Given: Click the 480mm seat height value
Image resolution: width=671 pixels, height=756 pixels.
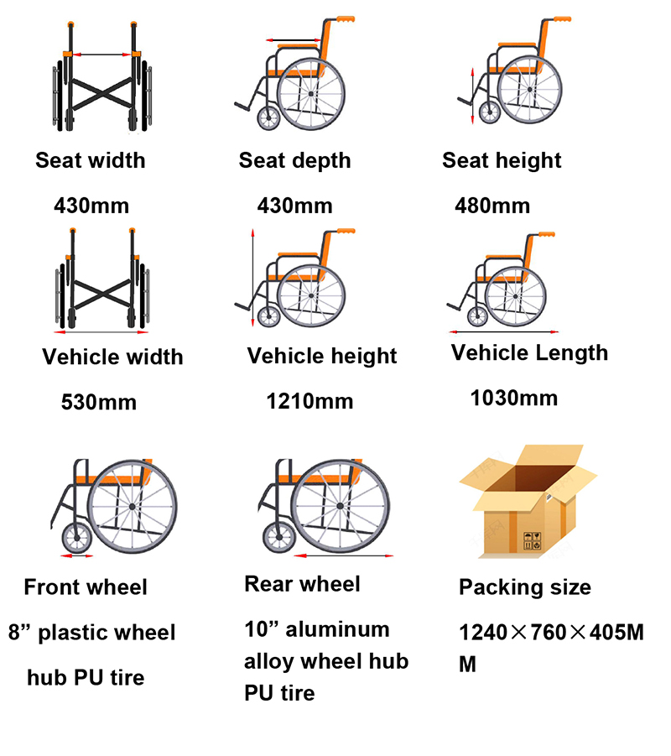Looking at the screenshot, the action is point(492,206).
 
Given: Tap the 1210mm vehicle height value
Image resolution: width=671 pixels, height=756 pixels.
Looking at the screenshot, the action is point(310,401).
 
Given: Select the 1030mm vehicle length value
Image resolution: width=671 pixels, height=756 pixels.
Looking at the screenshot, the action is point(514,399).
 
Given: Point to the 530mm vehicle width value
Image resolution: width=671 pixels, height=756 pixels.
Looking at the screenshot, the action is point(99,402).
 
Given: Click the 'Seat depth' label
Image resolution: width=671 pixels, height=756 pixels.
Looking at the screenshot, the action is point(295,161).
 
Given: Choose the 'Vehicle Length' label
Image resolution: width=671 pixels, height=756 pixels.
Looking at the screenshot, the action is point(529,353).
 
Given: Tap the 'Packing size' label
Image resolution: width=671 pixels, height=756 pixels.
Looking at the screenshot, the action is point(525,587).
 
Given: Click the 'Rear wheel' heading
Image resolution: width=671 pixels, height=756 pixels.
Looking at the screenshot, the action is point(302,584).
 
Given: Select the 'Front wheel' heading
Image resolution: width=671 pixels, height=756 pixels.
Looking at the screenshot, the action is point(86,587).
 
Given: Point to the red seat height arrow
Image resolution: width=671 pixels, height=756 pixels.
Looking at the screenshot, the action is point(473,96).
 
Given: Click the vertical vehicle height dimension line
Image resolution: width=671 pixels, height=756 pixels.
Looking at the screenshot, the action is point(252,279).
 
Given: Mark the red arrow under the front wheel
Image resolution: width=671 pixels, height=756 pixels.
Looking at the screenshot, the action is point(77,556).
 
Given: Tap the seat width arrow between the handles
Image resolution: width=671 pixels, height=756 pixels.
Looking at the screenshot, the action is point(101,55).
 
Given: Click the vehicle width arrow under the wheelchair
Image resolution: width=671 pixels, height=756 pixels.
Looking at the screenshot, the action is point(101,332).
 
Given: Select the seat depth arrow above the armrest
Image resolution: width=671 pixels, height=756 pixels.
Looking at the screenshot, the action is point(293,40).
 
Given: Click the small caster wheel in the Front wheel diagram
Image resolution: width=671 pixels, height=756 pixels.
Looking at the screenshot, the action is point(76,538).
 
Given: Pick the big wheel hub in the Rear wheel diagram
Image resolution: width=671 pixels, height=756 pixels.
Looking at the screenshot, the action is point(340,506).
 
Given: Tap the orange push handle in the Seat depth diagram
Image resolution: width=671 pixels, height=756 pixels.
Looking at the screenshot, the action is point(345,19).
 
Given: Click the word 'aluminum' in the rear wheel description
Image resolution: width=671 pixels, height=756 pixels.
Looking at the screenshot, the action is point(337,629).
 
